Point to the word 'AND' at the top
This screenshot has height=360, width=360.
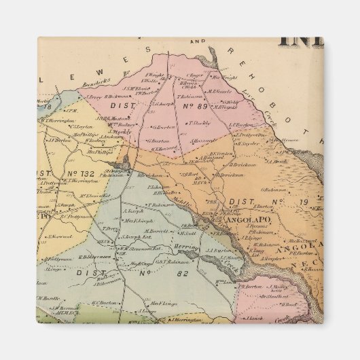[x=198, y=42]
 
